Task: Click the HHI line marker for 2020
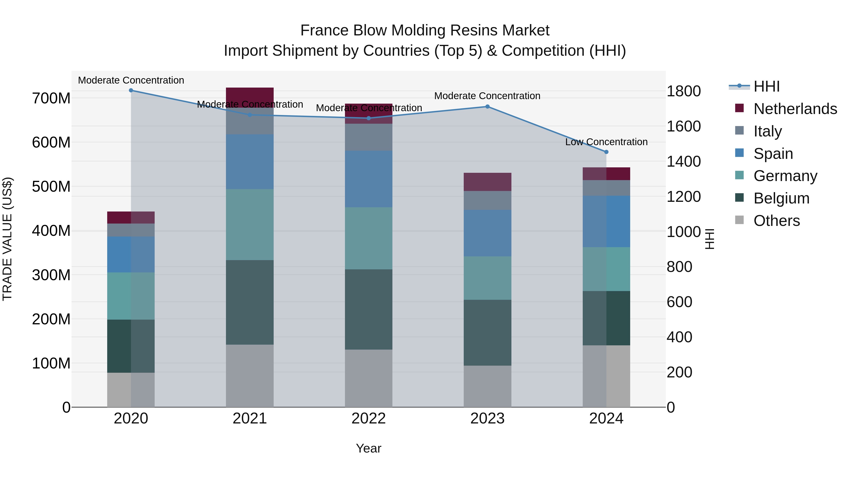coord(131,90)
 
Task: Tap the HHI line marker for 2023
coord(487,106)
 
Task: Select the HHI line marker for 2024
coord(606,152)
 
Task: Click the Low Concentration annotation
coord(606,142)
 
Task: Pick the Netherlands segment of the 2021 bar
coord(250,97)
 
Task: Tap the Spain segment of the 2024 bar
coord(606,221)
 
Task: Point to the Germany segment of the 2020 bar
coord(131,296)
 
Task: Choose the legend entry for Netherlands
coord(795,109)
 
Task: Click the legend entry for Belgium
coord(781,198)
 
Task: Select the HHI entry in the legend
coord(766,86)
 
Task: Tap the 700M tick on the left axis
coord(51,98)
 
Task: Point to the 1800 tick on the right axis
coord(683,91)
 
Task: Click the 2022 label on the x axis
coord(369,419)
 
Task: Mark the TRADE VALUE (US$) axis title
coord(7,239)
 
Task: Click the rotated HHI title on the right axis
coord(710,239)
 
